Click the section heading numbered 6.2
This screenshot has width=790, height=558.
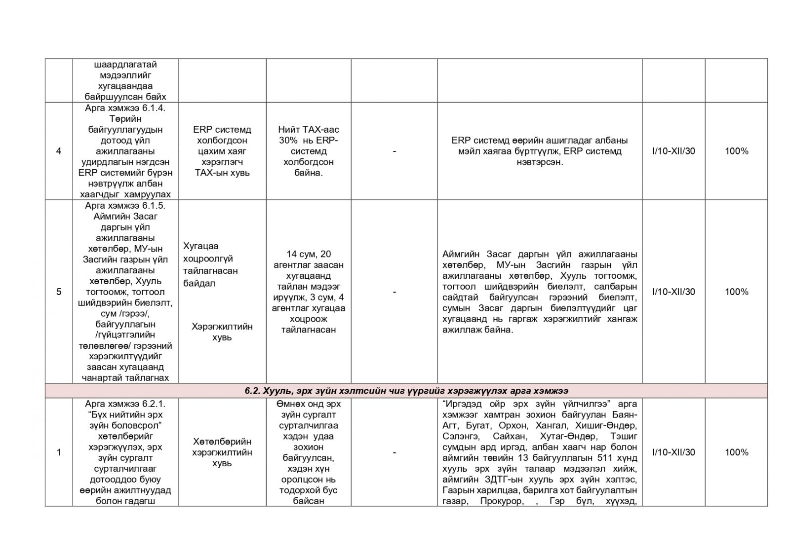point(406,391)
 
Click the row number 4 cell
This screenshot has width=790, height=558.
point(59,151)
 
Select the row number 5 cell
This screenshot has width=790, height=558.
point(59,292)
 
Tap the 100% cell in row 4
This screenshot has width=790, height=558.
point(736,151)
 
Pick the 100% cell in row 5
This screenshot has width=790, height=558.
point(736,292)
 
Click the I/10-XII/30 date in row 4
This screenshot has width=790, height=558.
point(673,151)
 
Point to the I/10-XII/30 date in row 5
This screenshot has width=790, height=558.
point(673,292)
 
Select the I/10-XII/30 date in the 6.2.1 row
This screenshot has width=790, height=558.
point(673,452)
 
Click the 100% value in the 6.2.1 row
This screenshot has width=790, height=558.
point(736,452)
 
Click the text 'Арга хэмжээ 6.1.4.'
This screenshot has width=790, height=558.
point(125,108)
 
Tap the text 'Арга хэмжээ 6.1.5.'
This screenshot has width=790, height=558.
point(125,205)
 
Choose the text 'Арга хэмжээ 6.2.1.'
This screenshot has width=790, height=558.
point(125,404)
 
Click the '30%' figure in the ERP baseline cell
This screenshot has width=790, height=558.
point(287,141)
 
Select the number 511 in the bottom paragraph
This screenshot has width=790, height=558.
point(598,458)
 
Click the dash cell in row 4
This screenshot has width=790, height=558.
point(394,151)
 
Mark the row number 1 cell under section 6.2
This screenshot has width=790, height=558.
point(59,452)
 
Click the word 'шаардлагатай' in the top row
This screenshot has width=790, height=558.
point(125,65)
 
